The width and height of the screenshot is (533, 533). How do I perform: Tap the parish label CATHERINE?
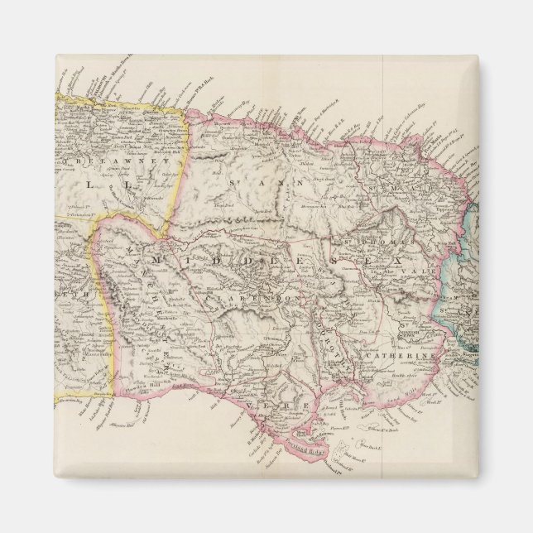386,358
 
